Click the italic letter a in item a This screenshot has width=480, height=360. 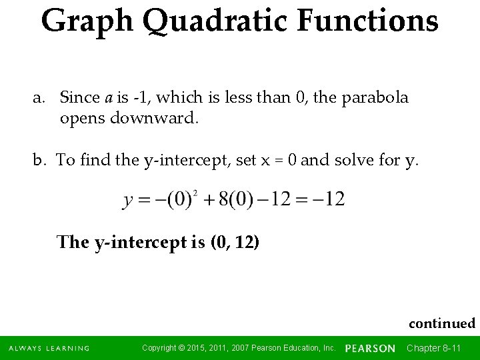click(x=109, y=98)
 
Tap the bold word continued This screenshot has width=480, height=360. click(x=441, y=323)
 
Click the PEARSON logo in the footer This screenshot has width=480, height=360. click(x=370, y=348)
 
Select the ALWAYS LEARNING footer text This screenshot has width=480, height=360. click(x=49, y=348)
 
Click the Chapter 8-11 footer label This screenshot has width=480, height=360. click(x=433, y=348)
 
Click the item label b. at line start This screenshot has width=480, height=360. click(x=41, y=160)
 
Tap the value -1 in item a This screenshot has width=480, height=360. click(x=140, y=98)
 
